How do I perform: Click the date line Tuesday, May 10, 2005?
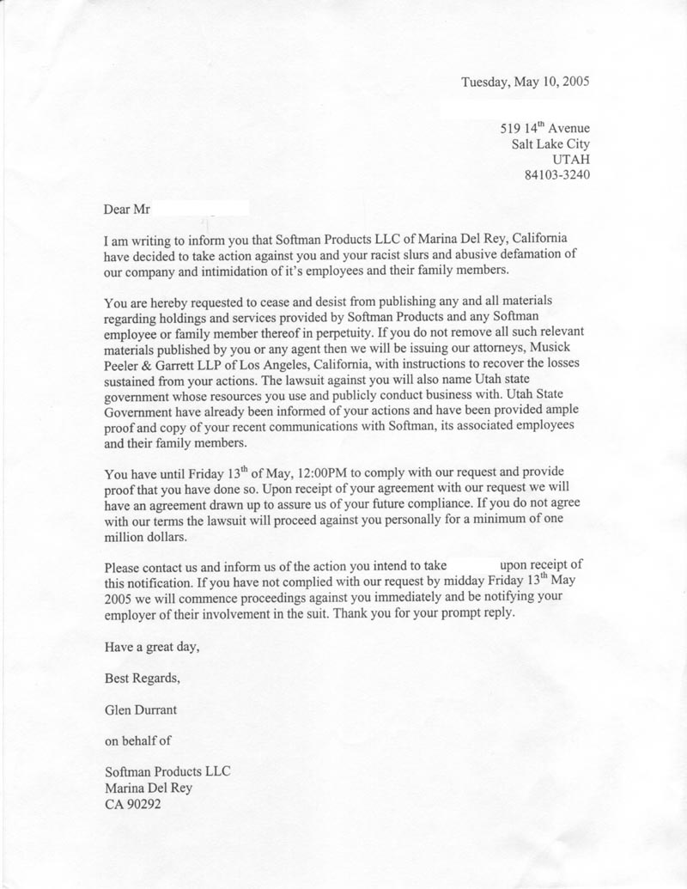(525, 82)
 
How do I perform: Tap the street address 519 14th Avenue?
(544, 129)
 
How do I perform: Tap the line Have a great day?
(151, 647)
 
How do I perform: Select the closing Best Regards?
(143, 678)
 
